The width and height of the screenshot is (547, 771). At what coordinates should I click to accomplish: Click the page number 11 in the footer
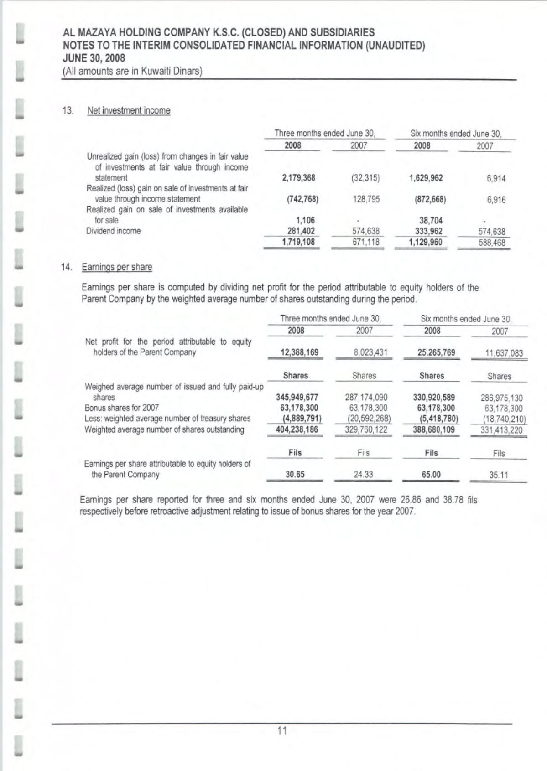pos(282,731)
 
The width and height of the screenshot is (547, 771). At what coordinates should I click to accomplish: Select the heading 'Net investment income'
pos(129,111)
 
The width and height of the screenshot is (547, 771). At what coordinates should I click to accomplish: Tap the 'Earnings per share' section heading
pos(117,267)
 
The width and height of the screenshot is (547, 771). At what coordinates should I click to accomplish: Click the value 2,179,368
pos(299,178)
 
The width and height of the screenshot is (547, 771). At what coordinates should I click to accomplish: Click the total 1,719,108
pos(298,242)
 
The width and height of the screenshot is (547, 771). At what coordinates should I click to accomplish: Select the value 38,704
pos(431,221)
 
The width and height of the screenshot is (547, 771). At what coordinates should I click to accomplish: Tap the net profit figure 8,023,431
pos(365,352)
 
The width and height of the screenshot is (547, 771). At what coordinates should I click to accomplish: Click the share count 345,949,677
pos(297,397)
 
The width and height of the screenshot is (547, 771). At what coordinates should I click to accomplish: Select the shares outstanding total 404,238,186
pos(297,429)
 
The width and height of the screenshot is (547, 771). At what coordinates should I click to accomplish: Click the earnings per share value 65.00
pos(431,475)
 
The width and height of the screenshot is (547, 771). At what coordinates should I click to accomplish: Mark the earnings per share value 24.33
pos(364,475)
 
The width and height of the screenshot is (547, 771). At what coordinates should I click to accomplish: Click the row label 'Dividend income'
pos(114,231)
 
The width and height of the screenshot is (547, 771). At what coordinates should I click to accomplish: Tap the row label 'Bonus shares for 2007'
pos(122,408)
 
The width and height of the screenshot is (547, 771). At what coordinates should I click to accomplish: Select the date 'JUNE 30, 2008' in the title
pos(94,58)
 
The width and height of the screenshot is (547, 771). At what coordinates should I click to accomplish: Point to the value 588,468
pos(492,243)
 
